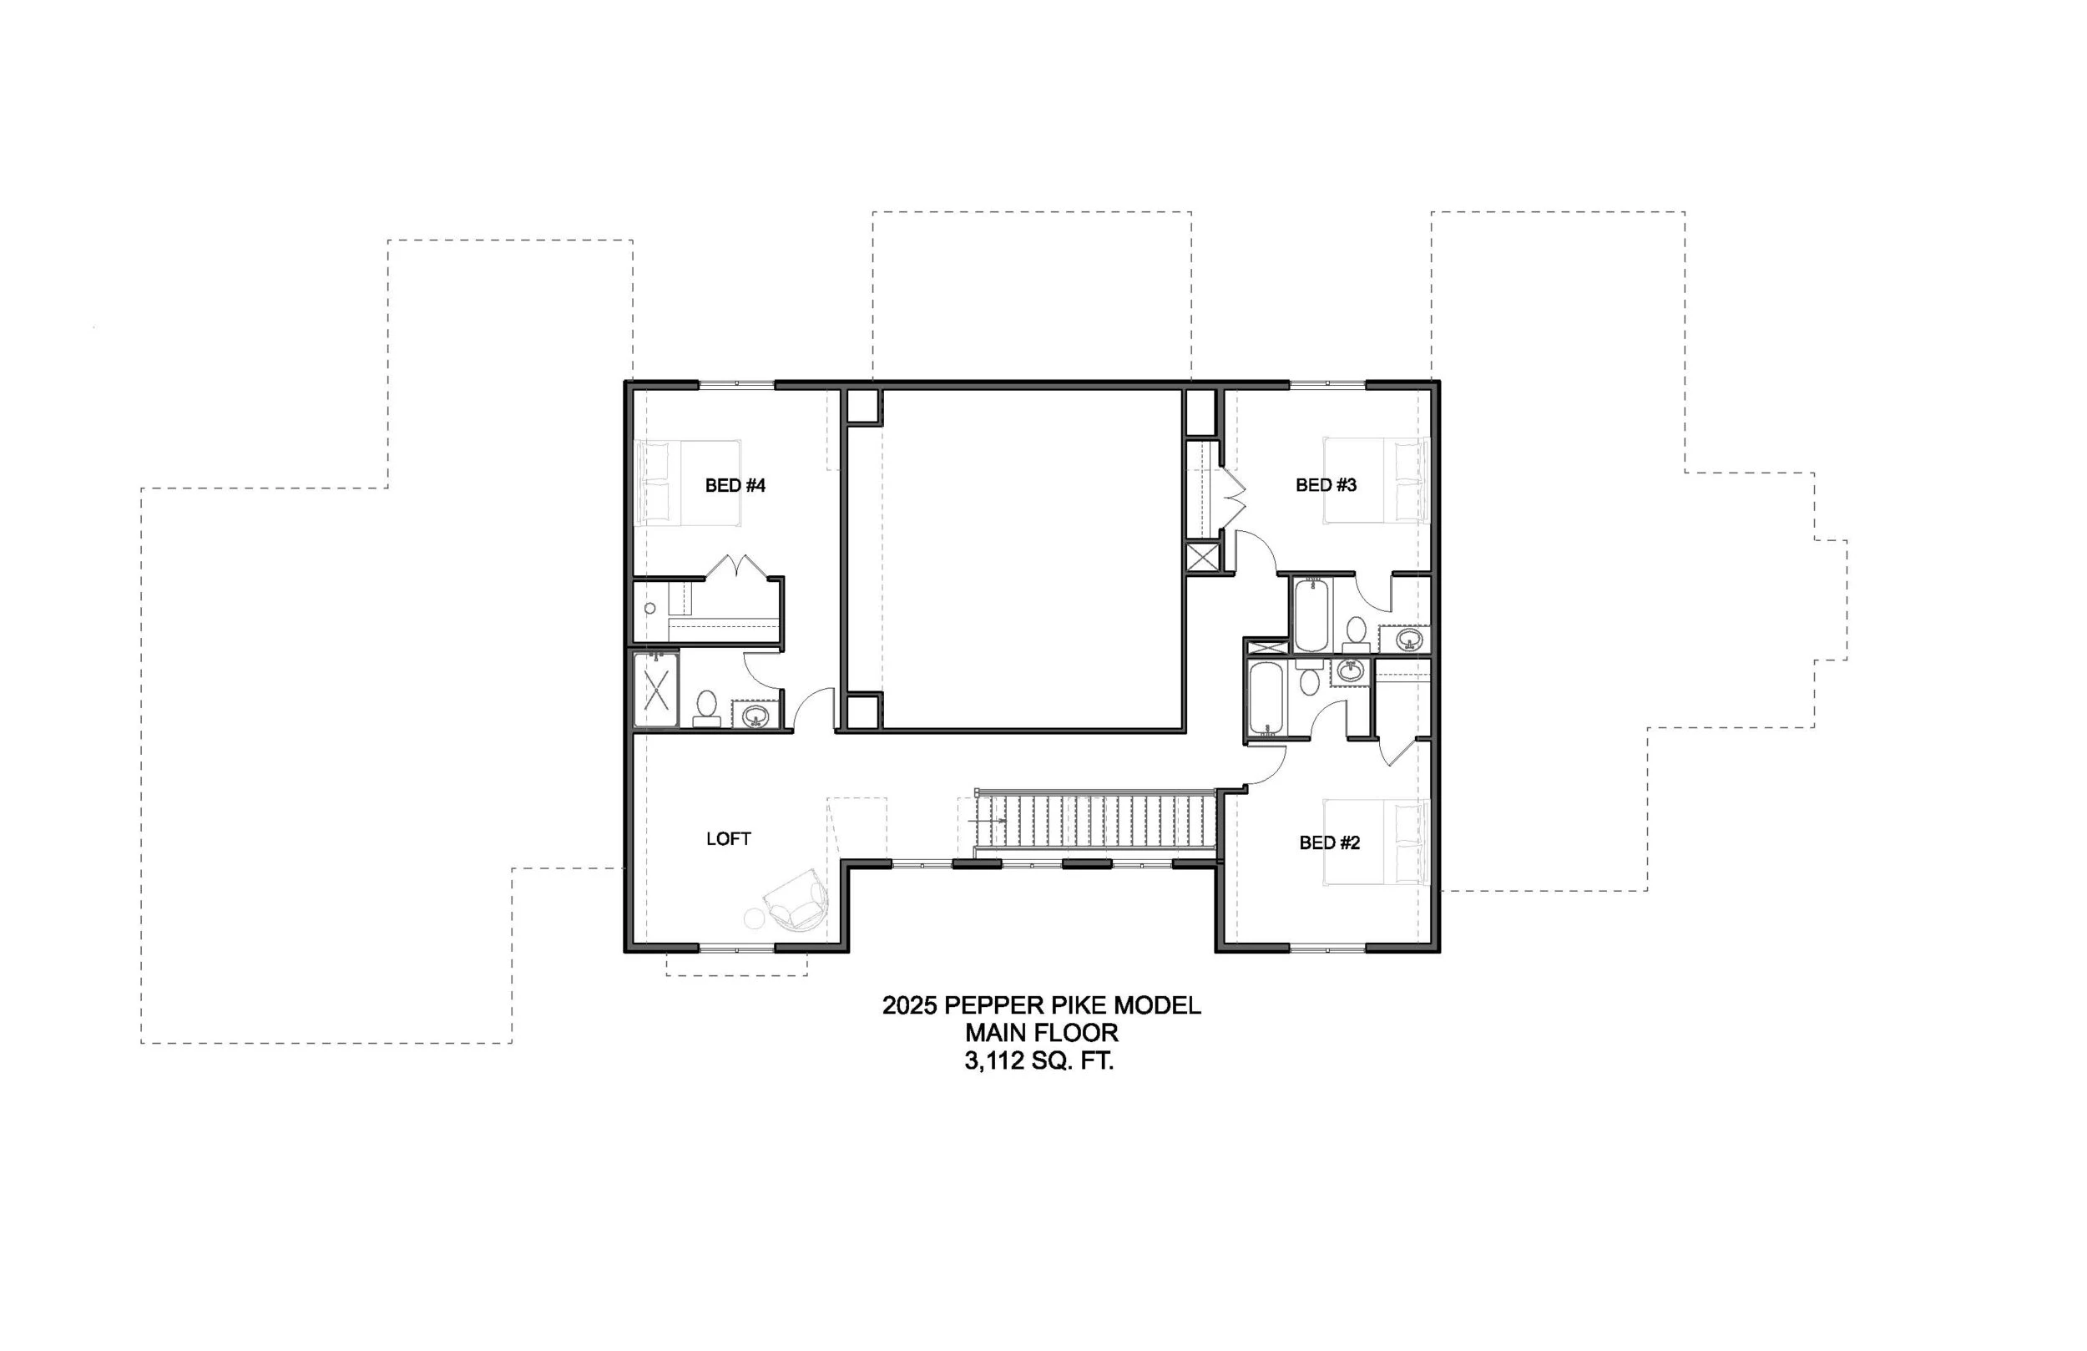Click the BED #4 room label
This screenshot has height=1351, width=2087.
tap(735, 485)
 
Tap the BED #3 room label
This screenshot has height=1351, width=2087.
tap(1326, 485)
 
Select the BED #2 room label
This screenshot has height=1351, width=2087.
tap(1329, 843)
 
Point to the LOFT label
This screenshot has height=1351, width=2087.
tap(728, 838)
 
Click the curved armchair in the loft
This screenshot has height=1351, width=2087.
tap(797, 901)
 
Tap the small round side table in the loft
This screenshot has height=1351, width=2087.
tap(754, 918)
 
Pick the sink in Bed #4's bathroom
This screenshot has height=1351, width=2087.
tap(754, 716)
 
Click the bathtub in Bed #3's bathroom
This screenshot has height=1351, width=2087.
tap(1310, 613)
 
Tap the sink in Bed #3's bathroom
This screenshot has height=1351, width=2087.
tap(1407, 639)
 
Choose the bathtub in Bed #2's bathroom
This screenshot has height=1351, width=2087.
tap(1266, 699)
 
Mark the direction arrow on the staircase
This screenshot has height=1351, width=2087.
tap(988, 820)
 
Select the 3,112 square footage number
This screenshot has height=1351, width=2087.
tap(993, 1061)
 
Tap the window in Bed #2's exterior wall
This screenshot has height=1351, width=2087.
tap(1327, 948)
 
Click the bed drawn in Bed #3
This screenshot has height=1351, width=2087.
tap(1376, 481)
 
